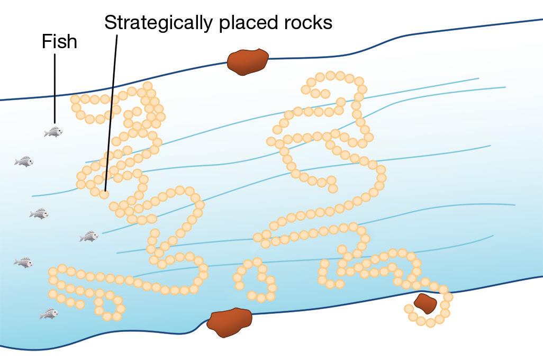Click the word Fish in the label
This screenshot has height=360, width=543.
(x=59, y=42)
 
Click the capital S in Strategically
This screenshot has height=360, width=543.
(x=110, y=23)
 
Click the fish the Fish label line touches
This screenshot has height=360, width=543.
(x=53, y=131)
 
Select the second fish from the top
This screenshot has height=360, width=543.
(x=24, y=161)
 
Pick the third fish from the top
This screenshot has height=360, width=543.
(x=39, y=213)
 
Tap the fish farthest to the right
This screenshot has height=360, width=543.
(x=89, y=236)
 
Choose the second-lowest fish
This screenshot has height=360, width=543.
(x=24, y=262)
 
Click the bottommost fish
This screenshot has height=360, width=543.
(x=49, y=314)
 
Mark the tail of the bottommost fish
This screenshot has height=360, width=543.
(x=42, y=315)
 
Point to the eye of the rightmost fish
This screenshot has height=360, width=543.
(x=94, y=235)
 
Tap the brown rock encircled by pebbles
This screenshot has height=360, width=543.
(x=424, y=303)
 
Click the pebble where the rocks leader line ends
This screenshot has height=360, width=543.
(x=105, y=194)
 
